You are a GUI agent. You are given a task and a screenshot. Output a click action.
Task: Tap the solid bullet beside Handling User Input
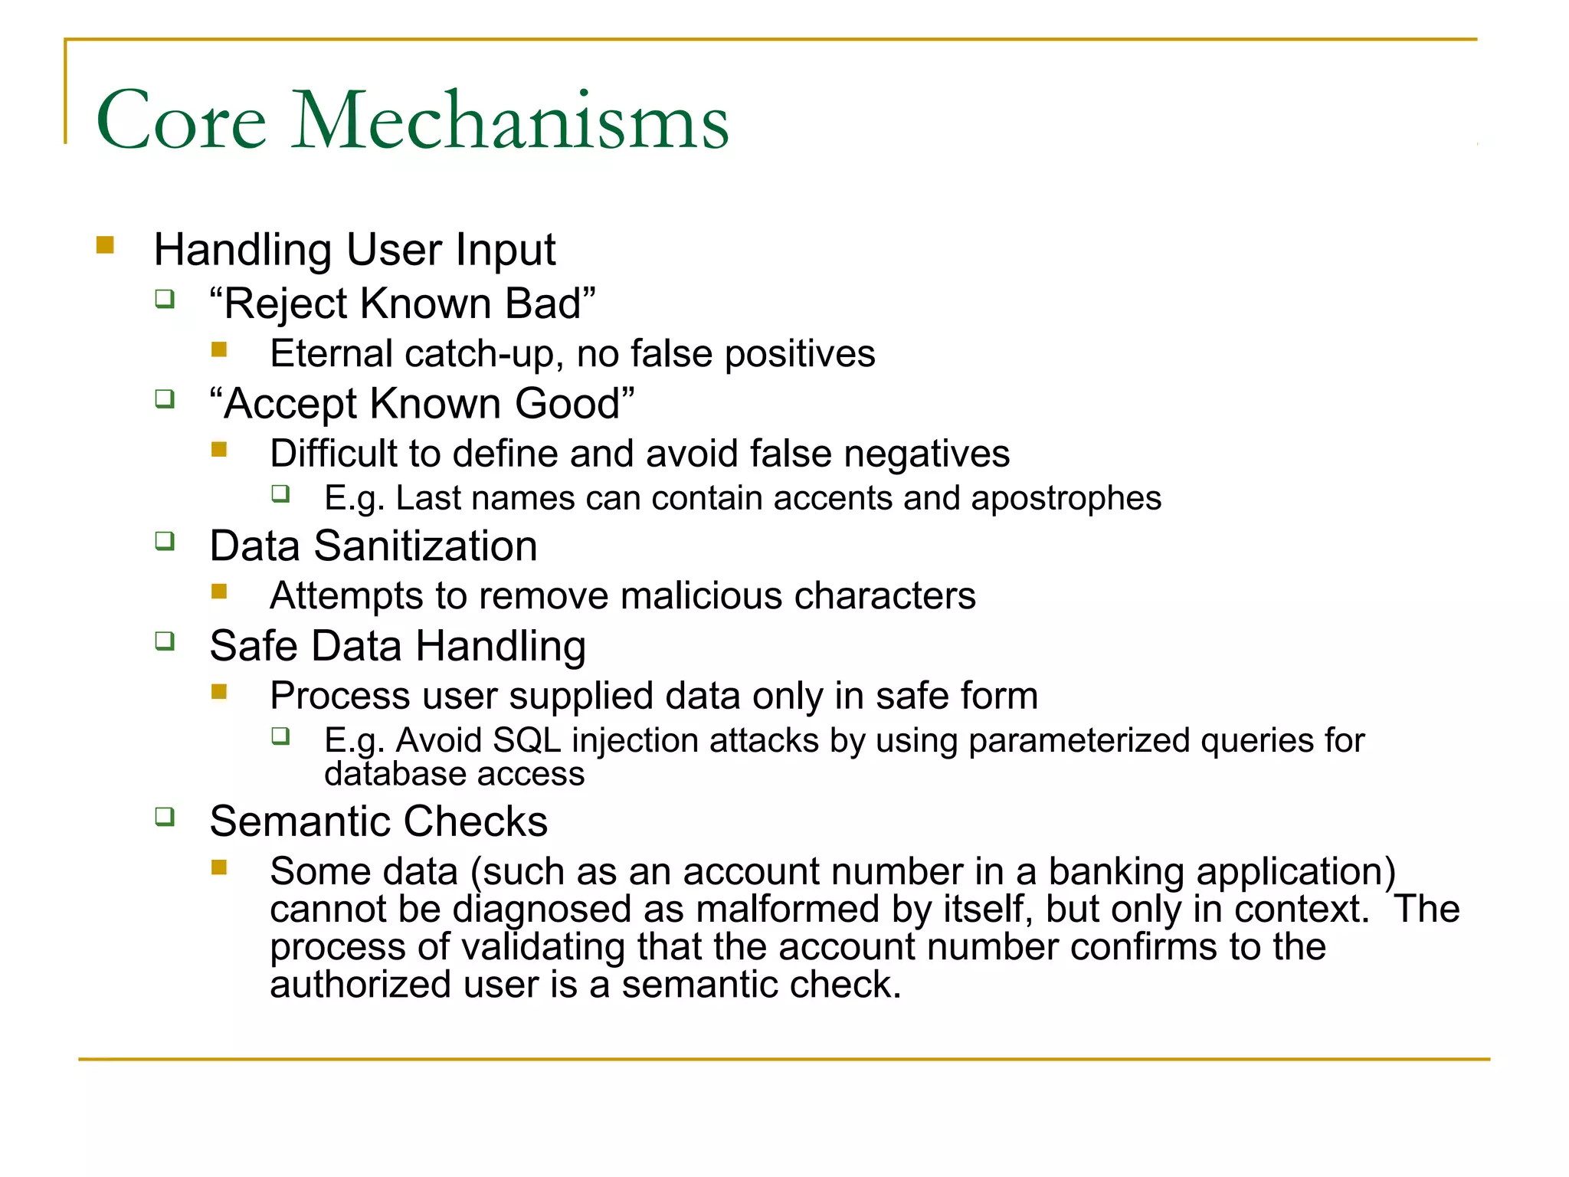[106, 245]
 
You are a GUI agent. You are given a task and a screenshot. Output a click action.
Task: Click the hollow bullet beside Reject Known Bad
[165, 298]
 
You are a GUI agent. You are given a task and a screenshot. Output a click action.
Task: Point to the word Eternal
[332, 354]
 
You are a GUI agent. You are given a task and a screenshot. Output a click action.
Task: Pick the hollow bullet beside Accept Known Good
[165, 398]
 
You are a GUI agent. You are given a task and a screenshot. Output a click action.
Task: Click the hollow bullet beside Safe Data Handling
[165, 641]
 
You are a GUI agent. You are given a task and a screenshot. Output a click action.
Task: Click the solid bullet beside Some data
[220, 867]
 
